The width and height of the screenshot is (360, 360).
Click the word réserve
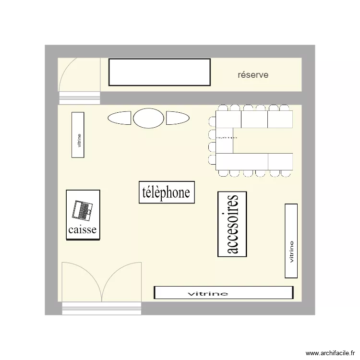click(x=253, y=75)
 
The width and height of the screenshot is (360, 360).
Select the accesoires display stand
click(x=232, y=224)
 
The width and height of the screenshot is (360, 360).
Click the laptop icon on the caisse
click(x=83, y=209)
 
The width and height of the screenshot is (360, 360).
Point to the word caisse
click(x=83, y=230)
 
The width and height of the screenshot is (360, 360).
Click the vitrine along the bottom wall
click(x=223, y=293)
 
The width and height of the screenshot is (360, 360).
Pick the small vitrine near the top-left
click(x=78, y=135)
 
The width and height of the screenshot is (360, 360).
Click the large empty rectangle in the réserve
click(x=159, y=72)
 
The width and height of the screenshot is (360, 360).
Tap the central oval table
click(x=148, y=118)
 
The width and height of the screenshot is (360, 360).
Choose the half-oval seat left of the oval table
click(x=120, y=118)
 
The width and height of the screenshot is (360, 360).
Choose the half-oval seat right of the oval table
click(x=177, y=118)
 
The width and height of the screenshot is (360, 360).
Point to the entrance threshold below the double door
click(x=102, y=308)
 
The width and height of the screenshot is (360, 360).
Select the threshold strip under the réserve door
click(x=79, y=98)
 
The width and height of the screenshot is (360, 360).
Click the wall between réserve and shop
click(x=202, y=98)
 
